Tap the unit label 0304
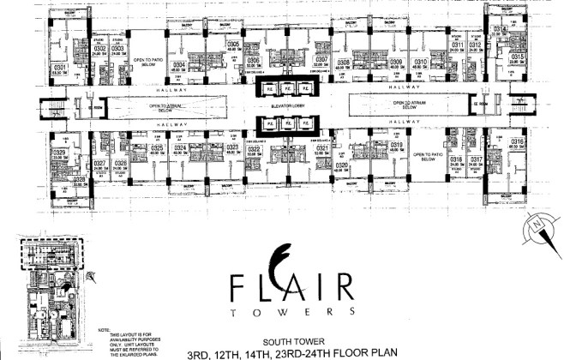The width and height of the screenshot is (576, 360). click(x=179, y=64)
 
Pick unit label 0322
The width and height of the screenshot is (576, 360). click(x=254, y=148)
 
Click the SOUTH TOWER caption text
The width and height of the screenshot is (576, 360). click(x=285, y=338)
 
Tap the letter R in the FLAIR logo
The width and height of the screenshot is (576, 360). click(x=343, y=283)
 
